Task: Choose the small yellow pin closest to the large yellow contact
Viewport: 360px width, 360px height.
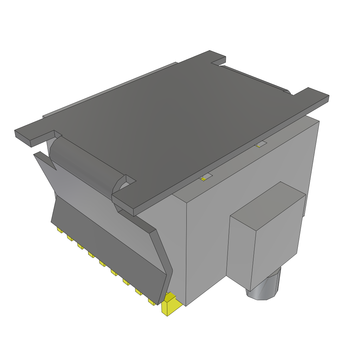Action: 152,302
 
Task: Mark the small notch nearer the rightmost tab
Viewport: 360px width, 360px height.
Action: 261,144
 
